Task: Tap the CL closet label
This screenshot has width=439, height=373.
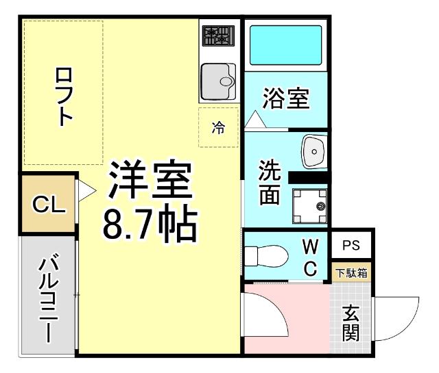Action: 49,205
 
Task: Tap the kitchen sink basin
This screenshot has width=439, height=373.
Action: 218,81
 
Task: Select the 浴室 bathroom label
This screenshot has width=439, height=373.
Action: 285,99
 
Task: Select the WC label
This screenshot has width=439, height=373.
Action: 310,257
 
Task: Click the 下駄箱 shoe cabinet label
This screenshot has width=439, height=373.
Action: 351,272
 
